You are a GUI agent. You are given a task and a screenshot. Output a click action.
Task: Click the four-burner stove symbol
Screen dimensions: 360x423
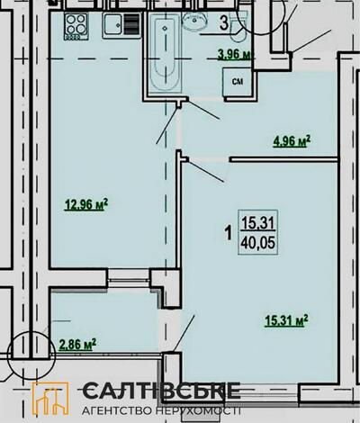coord(76,26)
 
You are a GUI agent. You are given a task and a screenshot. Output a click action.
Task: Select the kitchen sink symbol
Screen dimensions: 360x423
coord(121,25)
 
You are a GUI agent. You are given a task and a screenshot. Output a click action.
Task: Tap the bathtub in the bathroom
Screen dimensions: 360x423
coord(166,53)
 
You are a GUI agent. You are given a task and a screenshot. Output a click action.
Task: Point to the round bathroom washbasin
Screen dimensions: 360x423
coord(195,21)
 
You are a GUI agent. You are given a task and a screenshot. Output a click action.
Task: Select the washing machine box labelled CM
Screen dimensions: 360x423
coord(238,81)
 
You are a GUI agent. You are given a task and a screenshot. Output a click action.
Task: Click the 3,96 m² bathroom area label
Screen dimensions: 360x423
coord(234,55)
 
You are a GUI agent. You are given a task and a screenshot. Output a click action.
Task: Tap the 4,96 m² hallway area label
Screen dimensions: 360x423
coord(292,140)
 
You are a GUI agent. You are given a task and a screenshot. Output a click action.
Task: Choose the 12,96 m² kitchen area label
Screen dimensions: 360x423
coord(86,205)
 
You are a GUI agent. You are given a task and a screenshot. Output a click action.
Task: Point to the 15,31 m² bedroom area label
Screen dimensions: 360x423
coord(286,320)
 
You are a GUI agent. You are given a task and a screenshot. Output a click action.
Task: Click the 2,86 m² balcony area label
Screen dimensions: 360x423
coord(77,344)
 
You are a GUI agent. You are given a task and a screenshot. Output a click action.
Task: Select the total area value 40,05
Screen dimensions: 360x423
coord(258,242)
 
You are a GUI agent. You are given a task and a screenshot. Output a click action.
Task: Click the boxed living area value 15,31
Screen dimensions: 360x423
coord(258,223)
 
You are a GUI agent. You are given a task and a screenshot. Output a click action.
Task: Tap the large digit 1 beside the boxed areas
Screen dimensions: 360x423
coord(229,233)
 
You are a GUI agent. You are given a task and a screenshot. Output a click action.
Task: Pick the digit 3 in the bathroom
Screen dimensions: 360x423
coord(224,23)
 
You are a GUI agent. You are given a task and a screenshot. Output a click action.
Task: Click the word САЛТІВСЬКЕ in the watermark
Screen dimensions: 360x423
coord(161,391)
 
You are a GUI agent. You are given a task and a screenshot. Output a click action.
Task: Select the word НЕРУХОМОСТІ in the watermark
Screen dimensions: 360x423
coord(199,410)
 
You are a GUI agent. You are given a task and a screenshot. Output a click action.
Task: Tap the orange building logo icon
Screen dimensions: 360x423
coord(50,399)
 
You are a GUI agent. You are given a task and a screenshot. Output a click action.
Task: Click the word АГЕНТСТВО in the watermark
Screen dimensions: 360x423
coord(118,410)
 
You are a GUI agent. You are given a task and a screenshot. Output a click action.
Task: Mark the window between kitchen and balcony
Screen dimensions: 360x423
coord(129,280)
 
